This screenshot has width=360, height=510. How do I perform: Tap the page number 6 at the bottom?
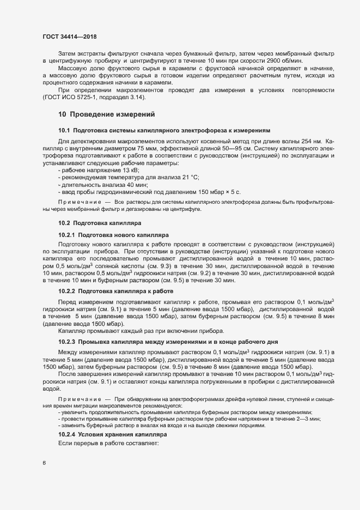[x=44, y=464]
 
